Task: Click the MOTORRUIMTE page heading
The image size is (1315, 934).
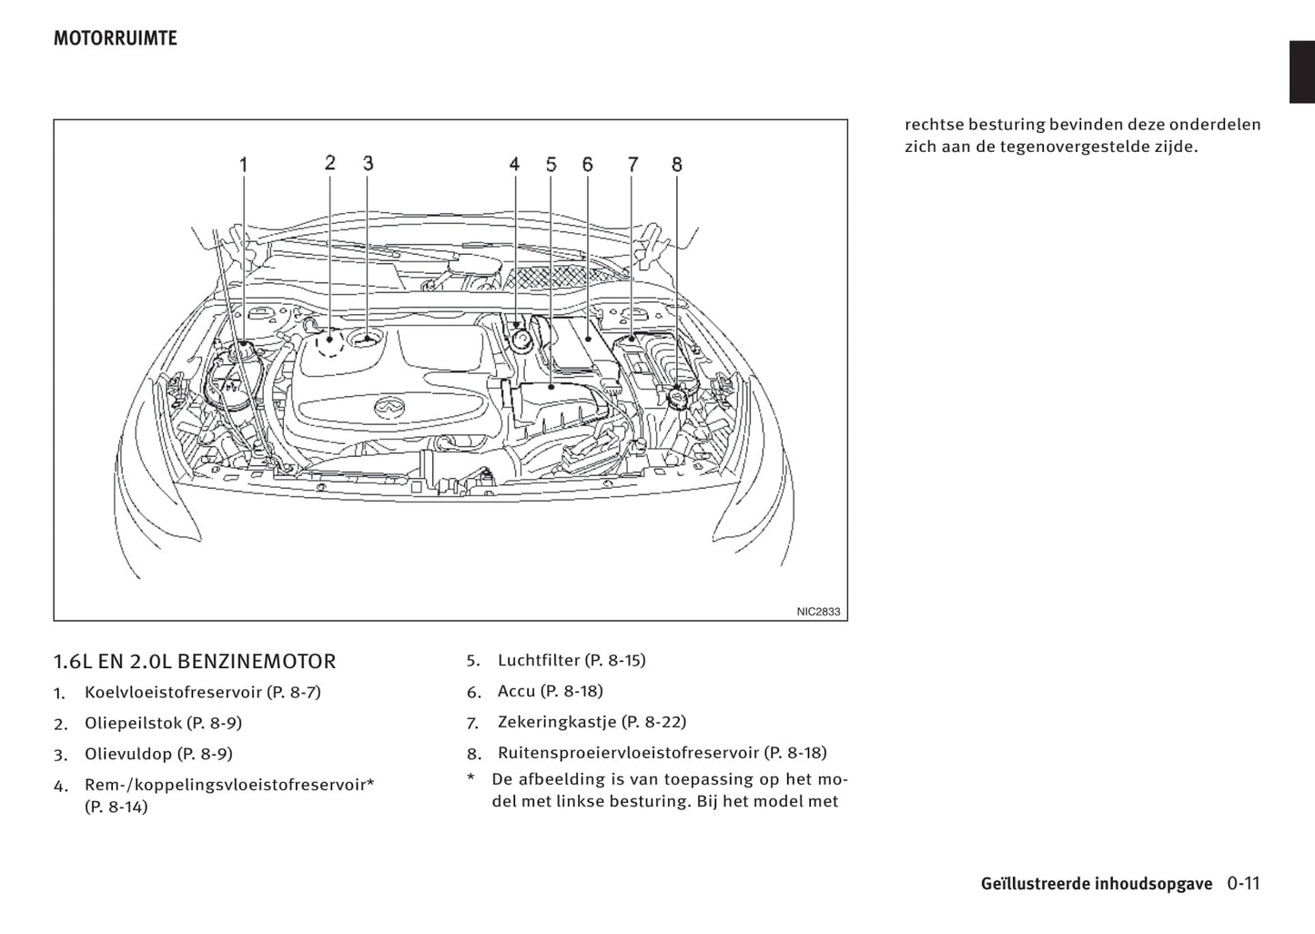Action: tap(115, 38)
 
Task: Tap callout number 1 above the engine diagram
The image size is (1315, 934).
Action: tap(244, 165)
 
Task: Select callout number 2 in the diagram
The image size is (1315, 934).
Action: tap(329, 163)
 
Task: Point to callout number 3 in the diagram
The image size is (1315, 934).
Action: tap(368, 163)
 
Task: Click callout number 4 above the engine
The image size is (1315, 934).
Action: tap(514, 165)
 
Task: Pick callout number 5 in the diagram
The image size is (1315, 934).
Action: tap(551, 165)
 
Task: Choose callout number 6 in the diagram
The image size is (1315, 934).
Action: tap(588, 165)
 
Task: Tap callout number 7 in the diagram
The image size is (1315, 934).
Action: tap(632, 165)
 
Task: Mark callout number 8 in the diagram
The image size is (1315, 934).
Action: tap(677, 165)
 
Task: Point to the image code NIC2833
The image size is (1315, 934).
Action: tap(818, 612)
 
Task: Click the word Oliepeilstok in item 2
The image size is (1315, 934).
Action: tap(133, 723)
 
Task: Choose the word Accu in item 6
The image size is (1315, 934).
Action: tap(516, 691)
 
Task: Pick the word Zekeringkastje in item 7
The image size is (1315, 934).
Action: tap(557, 722)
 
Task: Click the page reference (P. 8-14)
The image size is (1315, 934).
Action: tap(116, 807)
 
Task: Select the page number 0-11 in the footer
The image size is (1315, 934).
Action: tap(1243, 883)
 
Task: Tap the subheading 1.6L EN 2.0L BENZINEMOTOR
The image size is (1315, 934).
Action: tap(195, 661)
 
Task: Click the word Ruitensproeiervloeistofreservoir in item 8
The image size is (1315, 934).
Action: tap(628, 753)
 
